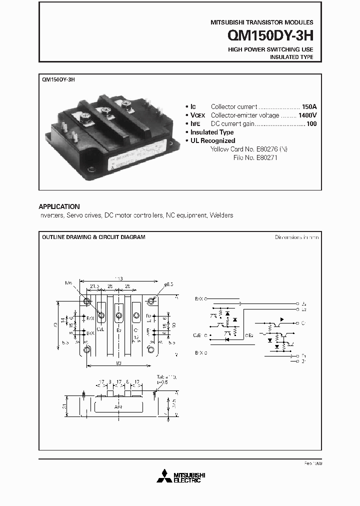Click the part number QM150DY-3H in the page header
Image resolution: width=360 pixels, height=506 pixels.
(270, 36)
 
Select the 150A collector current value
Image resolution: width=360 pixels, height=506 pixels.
(309, 106)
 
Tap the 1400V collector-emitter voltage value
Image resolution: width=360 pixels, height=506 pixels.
(307, 115)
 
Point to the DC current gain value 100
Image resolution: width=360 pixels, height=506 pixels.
(311, 123)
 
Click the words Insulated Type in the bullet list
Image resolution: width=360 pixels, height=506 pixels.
(212, 132)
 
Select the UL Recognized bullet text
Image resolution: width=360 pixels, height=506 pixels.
(212, 140)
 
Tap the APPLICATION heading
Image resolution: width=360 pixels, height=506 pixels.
(59, 206)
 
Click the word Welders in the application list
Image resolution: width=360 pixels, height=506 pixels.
(221, 215)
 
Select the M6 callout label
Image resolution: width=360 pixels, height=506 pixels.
(68, 283)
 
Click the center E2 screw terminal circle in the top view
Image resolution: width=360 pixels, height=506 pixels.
(119, 315)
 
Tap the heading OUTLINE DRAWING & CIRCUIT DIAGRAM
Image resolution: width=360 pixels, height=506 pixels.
(93, 237)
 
